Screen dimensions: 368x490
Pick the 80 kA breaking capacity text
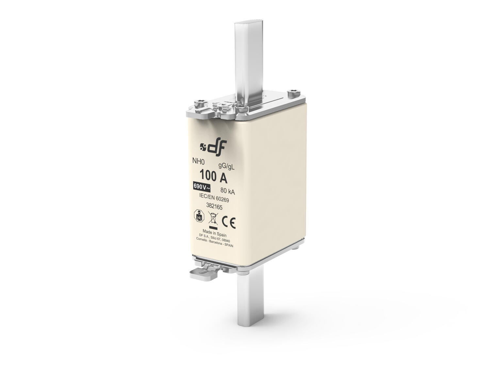click(228, 191)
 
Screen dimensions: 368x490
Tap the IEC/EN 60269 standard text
click(214, 198)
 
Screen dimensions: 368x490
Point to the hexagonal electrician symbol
click(199, 216)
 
